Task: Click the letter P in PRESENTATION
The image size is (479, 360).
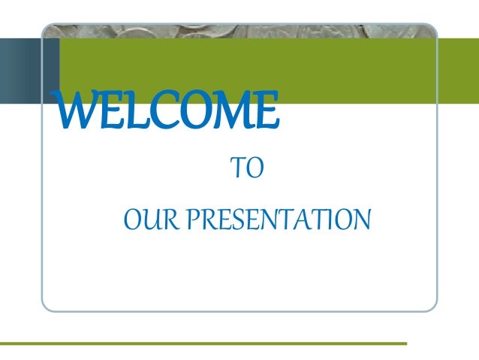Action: [x=193, y=221]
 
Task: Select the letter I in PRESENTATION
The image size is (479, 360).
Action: [x=333, y=221]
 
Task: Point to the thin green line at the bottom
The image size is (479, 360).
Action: [x=203, y=343]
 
